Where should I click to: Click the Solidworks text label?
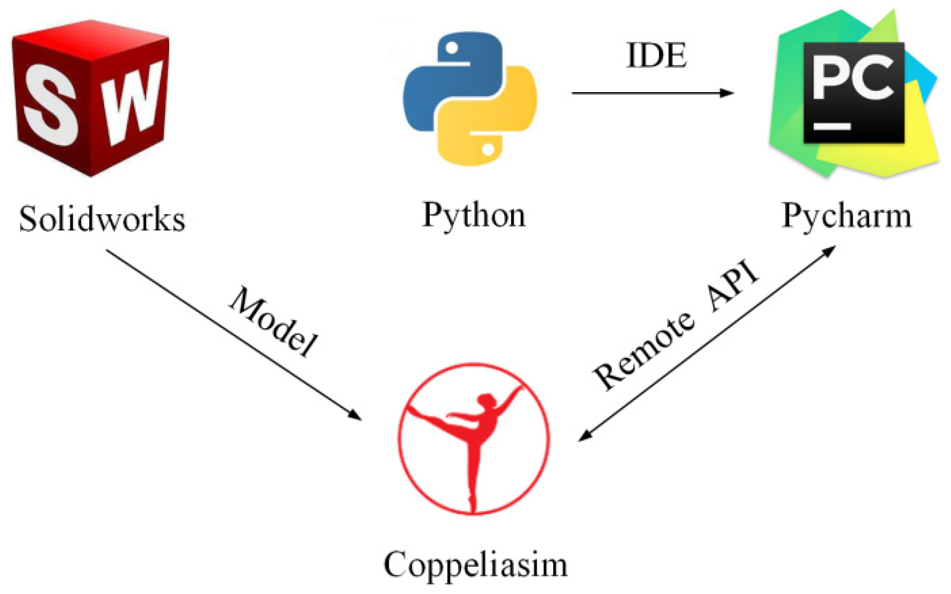pos(102,219)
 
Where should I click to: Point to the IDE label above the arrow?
pos(657,55)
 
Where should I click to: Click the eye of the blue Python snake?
pos(452,48)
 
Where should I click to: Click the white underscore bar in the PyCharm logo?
pos(832,126)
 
